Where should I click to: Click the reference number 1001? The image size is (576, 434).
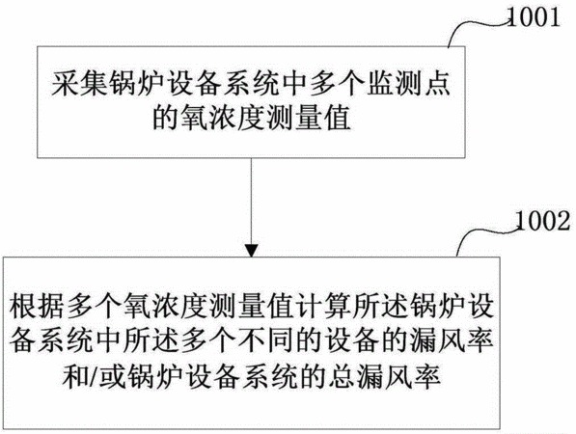(534, 17)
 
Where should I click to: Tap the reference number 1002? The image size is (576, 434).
(543, 221)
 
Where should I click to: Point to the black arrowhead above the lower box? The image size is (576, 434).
(251, 251)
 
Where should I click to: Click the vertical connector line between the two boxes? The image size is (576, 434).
(251, 202)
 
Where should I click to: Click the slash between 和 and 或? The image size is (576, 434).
(96, 375)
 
